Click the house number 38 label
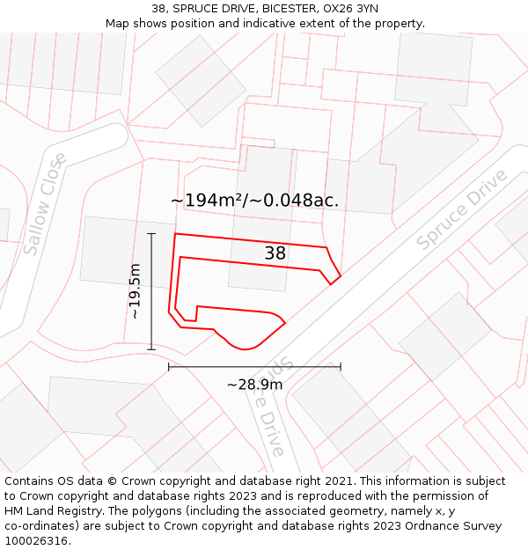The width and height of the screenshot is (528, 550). [x=275, y=253]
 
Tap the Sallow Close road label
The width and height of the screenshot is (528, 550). [x=45, y=204]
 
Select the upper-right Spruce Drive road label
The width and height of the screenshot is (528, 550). [x=462, y=209]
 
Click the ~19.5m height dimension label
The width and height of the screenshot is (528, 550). [x=135, y=291]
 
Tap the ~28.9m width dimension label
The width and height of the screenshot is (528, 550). [x=254, y=385]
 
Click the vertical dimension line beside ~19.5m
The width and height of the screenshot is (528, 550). [x=151, y=291]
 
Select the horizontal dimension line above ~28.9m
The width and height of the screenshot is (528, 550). [x=254, y=367]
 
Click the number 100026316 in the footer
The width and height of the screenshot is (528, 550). [x=37, y=540]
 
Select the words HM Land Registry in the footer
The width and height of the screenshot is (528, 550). [x=54, y=511]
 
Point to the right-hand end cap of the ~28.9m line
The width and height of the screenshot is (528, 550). [x=341, y=367]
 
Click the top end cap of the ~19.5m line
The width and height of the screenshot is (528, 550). [x=151, y=234]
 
